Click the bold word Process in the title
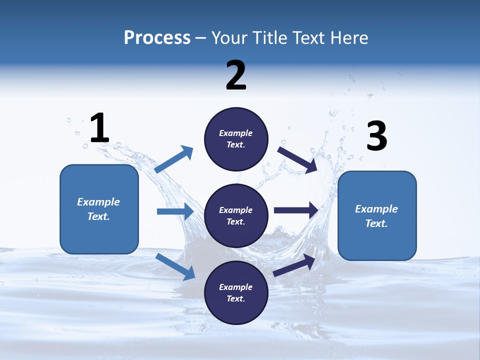point(157,38)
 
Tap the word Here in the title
point(348,38)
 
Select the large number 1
point(99,128)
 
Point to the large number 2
point(236,75)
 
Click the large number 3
point(376,136)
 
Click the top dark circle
point(236,139)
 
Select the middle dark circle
point(236,215)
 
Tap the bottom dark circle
point(236,292)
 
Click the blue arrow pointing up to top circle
point(173,159)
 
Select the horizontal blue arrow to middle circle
point(175,211)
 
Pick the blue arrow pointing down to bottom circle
point(175,266)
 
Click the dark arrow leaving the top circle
point(297,159)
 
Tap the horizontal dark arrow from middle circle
point(296,210)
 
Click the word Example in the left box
point(98,202)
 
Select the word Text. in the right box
point(376,223)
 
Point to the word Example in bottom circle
point(235,287)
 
